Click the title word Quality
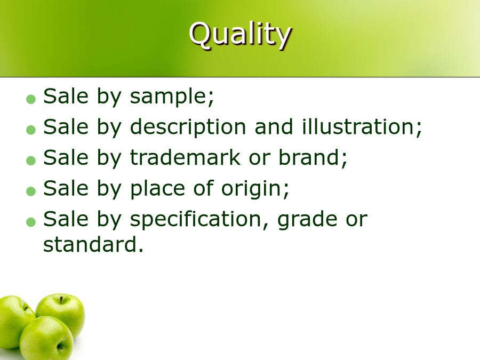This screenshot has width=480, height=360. (x=241, y=34)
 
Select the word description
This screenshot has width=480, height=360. (x=188, y=127)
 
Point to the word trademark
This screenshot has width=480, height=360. (x=185, y=157)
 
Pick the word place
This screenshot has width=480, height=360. (x=157, y=189)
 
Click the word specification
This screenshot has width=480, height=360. (x=196, y=220)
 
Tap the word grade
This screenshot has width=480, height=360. (x=308, y=220)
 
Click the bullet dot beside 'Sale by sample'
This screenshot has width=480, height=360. (x=31, y=99)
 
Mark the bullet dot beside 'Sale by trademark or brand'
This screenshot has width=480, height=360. (x=31, y=161)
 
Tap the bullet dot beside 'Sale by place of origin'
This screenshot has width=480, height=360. (x=31, y=191)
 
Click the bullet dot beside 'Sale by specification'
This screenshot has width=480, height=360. (x=31, y=222)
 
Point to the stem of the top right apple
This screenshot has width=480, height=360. (x=61, y=300)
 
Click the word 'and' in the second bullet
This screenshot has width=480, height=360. (x=274, y=127)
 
